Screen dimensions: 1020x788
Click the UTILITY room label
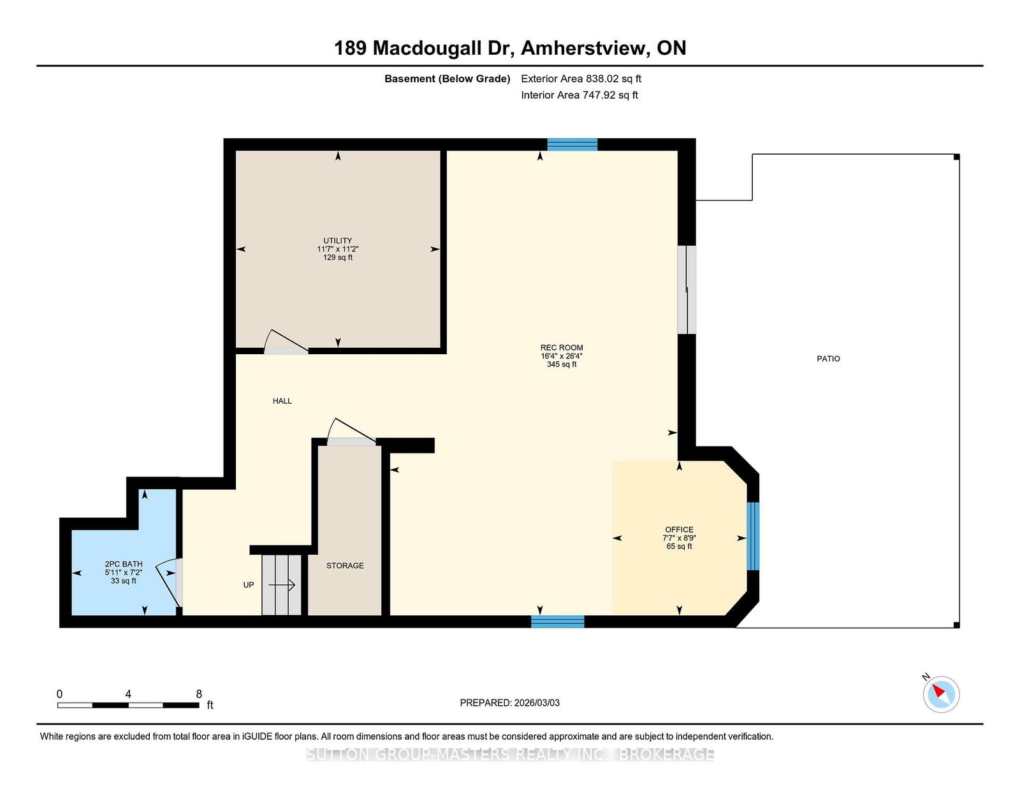(x=337, y=241)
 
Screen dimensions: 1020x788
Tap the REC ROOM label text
(x=562, y=348)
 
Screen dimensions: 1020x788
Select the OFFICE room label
(x=679, y=529)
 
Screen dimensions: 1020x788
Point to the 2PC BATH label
(x=124, y=564)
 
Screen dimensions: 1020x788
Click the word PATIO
(x=828, y=359)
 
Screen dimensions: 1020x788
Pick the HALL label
(x=282, y=401)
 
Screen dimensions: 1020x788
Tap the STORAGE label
(x=345, y=566)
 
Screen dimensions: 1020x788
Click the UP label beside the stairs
(x=249, y=585)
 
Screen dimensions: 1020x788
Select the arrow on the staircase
(x=282, y=585)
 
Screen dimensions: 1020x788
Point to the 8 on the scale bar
(x=199, y=694)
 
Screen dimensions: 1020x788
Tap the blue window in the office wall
(x=752, y=536)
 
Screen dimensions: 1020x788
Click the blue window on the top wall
(x=572, y=145)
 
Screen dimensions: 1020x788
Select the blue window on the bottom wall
(x=558, y=622)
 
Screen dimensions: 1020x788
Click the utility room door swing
(x=286, y=341)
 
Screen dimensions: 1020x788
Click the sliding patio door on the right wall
(x=686, y=290)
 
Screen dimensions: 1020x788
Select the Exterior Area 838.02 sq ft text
(x=581, y=79)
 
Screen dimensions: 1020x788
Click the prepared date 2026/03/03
(x=537, y=703)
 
